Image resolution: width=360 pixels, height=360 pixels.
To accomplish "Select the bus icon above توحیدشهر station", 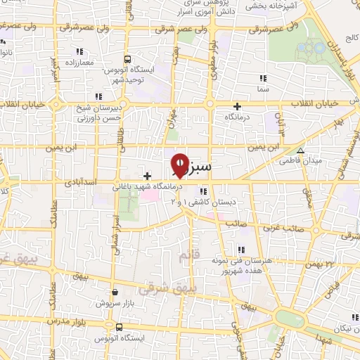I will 127,60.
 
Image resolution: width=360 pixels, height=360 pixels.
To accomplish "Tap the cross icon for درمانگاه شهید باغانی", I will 147,176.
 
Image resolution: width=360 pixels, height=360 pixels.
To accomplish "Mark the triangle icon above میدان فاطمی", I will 300,150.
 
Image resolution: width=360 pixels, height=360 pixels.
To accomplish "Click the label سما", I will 263,90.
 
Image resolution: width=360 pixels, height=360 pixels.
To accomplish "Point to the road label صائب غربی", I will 289,229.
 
